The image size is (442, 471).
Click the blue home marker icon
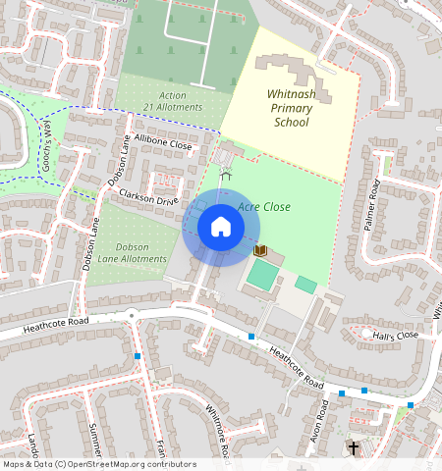221,228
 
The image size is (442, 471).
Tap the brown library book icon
260,251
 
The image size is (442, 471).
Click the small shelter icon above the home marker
226,174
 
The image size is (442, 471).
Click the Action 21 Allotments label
173,101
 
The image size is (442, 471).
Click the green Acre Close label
264,207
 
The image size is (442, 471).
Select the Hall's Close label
395,335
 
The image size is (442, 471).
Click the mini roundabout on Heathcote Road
131,315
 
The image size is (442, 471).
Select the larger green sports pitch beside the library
262,276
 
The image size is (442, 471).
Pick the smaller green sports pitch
306,285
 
